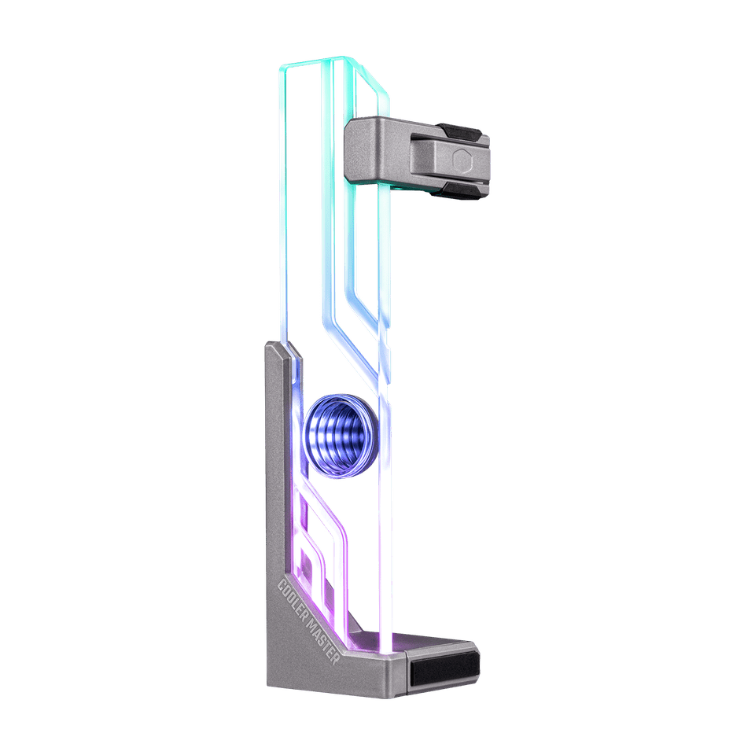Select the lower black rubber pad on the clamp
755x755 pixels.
[x=459, y=190]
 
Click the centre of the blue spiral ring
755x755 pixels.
[x=341, y=436]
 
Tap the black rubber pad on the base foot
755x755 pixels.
[x=445, y=668]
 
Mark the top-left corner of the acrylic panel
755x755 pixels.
[x=281, y=68]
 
